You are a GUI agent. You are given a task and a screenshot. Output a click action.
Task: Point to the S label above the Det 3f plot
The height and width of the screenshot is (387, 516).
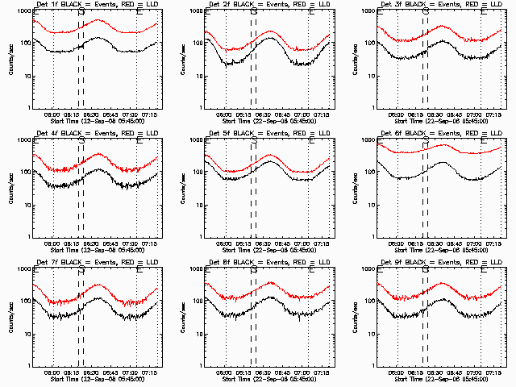coord(426,12)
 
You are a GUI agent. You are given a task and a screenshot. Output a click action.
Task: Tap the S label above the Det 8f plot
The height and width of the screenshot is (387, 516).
coord(254,270)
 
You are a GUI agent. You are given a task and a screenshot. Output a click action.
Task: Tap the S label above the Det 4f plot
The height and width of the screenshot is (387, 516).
coord(81,141)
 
